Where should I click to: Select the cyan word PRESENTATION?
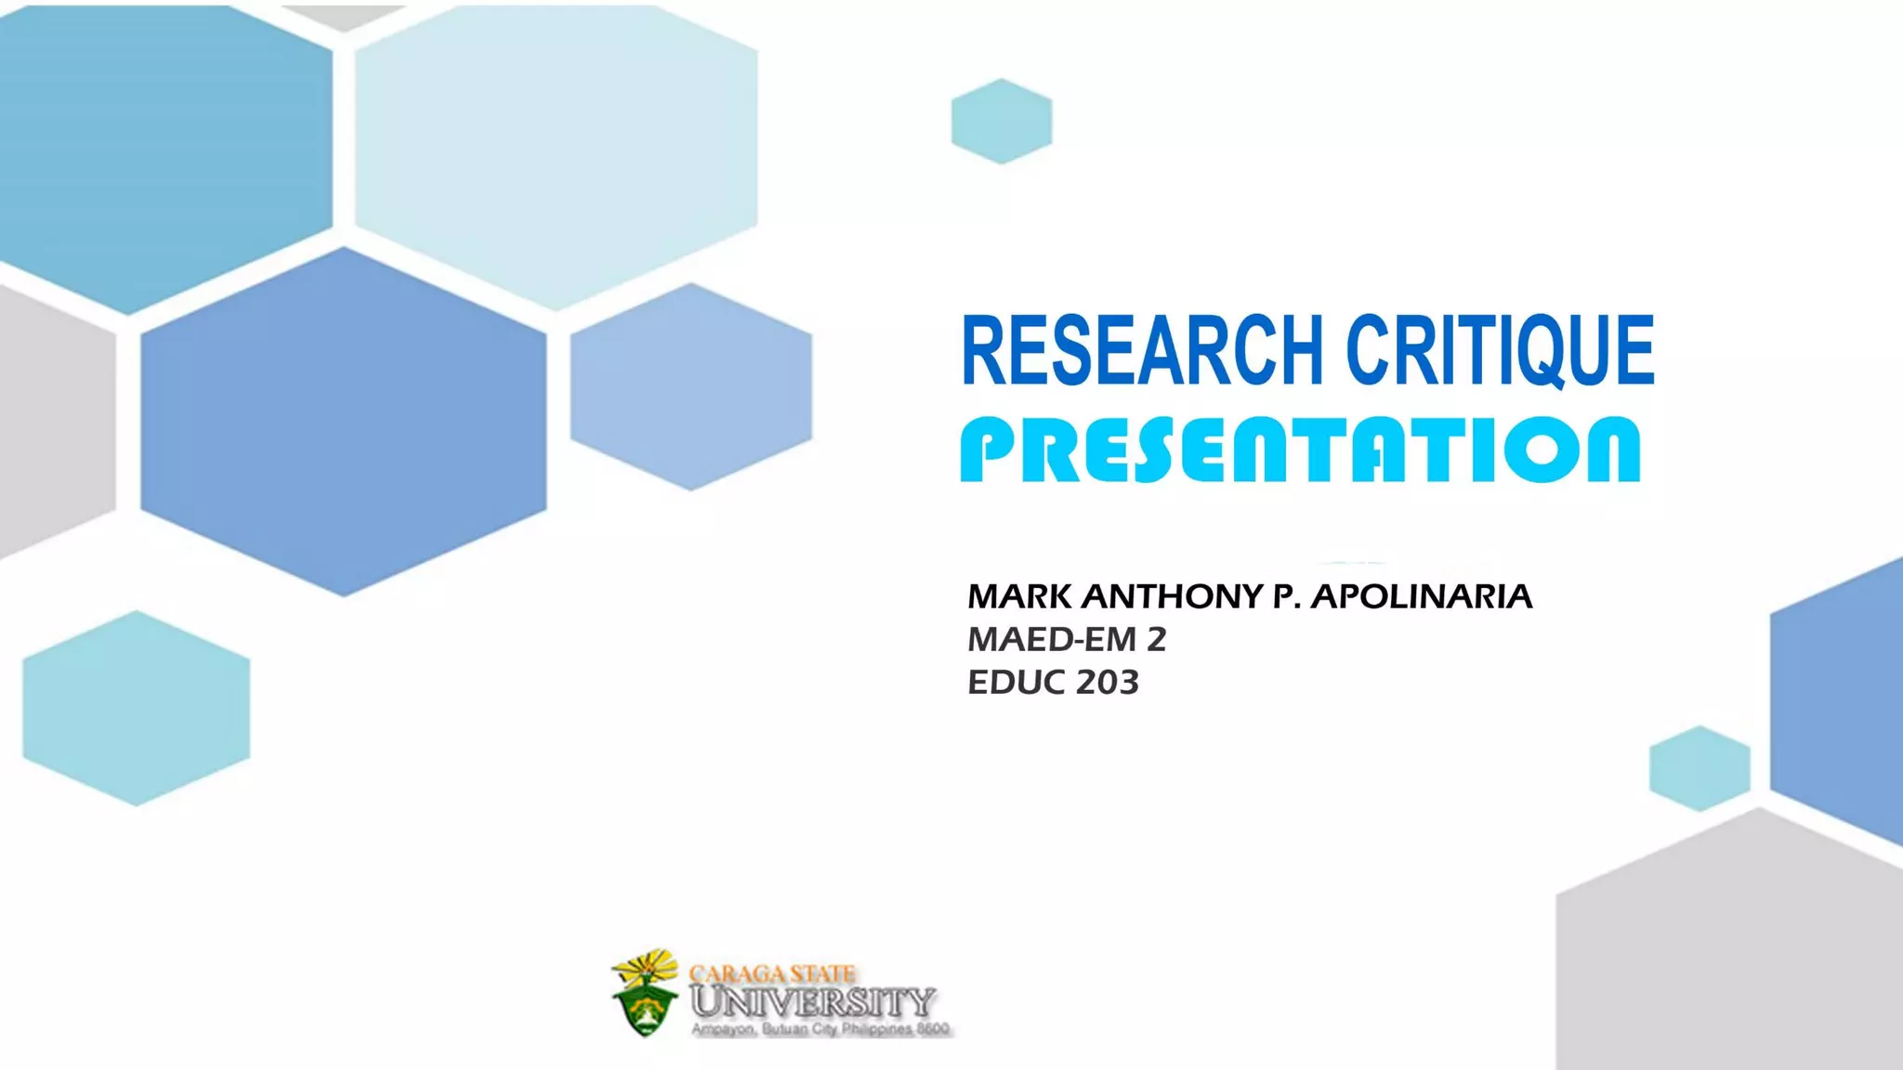(1300, 450)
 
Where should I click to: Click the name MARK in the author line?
(1019, 596)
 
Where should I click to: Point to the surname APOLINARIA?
(1421, 596)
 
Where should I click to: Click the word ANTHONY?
(1172, 596)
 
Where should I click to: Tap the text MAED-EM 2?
(1066, 639)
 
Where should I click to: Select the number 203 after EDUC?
(1107, 683)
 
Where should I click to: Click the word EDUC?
(1017, 683)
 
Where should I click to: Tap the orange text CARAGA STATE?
(771, 973)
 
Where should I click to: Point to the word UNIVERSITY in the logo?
(813, 1001)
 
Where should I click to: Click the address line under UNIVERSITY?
(820, 1029)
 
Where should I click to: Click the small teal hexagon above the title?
(1002, 122)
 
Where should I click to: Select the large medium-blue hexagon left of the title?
(344, 421)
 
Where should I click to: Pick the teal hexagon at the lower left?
(137, 708)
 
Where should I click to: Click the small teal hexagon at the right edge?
(1700, 768)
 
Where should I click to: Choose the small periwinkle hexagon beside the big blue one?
(690, 386)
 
